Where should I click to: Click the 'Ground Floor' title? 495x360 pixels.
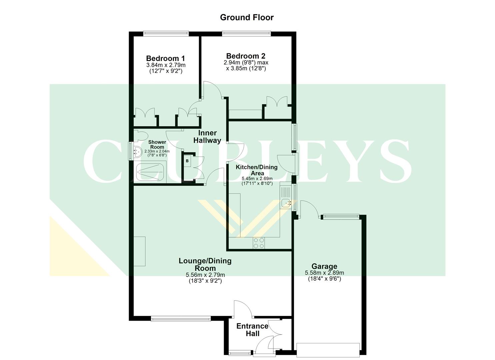pyautogui.click(x=247, y=17)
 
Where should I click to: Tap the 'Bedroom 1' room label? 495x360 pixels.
pyautogui.click(x=166, y=59)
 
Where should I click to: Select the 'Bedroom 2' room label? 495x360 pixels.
pyautogui.click(x=246, y=56)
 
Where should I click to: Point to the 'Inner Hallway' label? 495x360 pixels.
pyautogui.click(x=207, y=137)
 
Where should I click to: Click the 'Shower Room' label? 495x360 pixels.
pyautogui.click(x=157, y=144)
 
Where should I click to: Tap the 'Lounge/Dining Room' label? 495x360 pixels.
pyautogui.click(x=205, y=264)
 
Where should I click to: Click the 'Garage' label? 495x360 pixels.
pyautogui.click(x=324, y=266)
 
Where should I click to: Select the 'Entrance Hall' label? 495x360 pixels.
pyautogui.click(x=252, y=330)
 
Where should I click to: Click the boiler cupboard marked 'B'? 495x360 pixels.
pyautogui.click(x=187, y=161)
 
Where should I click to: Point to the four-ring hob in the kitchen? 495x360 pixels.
pyautogui.click(x=259, y=243)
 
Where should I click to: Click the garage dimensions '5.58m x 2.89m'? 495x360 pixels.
pyautogui.click(x=324, y=273)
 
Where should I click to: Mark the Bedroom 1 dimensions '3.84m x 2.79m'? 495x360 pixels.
pyautogui.click(x=166, y=65)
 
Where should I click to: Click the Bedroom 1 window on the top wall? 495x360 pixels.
pyautogui.click(x=166, y=33)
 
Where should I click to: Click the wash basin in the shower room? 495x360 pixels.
pyautogui.click(x=137, y=152)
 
